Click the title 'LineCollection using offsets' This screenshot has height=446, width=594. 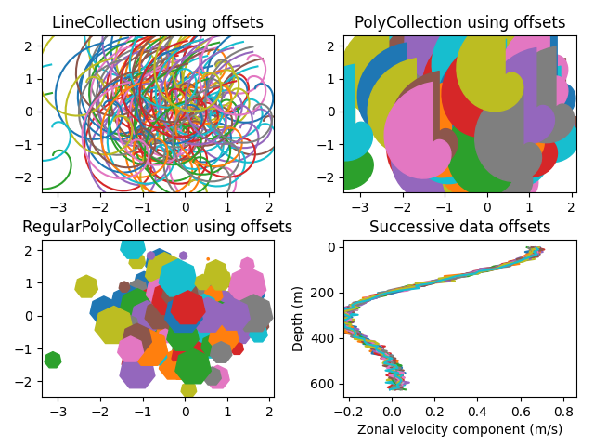[x=157, y=22]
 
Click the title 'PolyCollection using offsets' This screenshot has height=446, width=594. [x=459, y=22]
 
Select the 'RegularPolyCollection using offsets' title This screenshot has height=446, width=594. [x=157, y=227]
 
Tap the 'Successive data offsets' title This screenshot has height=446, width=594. [x=459, y=227]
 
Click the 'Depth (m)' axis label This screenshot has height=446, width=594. [x=298, y=319]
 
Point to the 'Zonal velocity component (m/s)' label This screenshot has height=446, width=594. [x=459, y=429]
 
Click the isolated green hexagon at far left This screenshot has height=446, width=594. [x=53, y=360]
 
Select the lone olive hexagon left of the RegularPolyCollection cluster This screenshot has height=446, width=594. [x=86, y=286]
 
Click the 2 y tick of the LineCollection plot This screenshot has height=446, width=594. [x=30, y=46]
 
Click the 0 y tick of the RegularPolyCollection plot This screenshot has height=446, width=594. [x=30, y=316]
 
